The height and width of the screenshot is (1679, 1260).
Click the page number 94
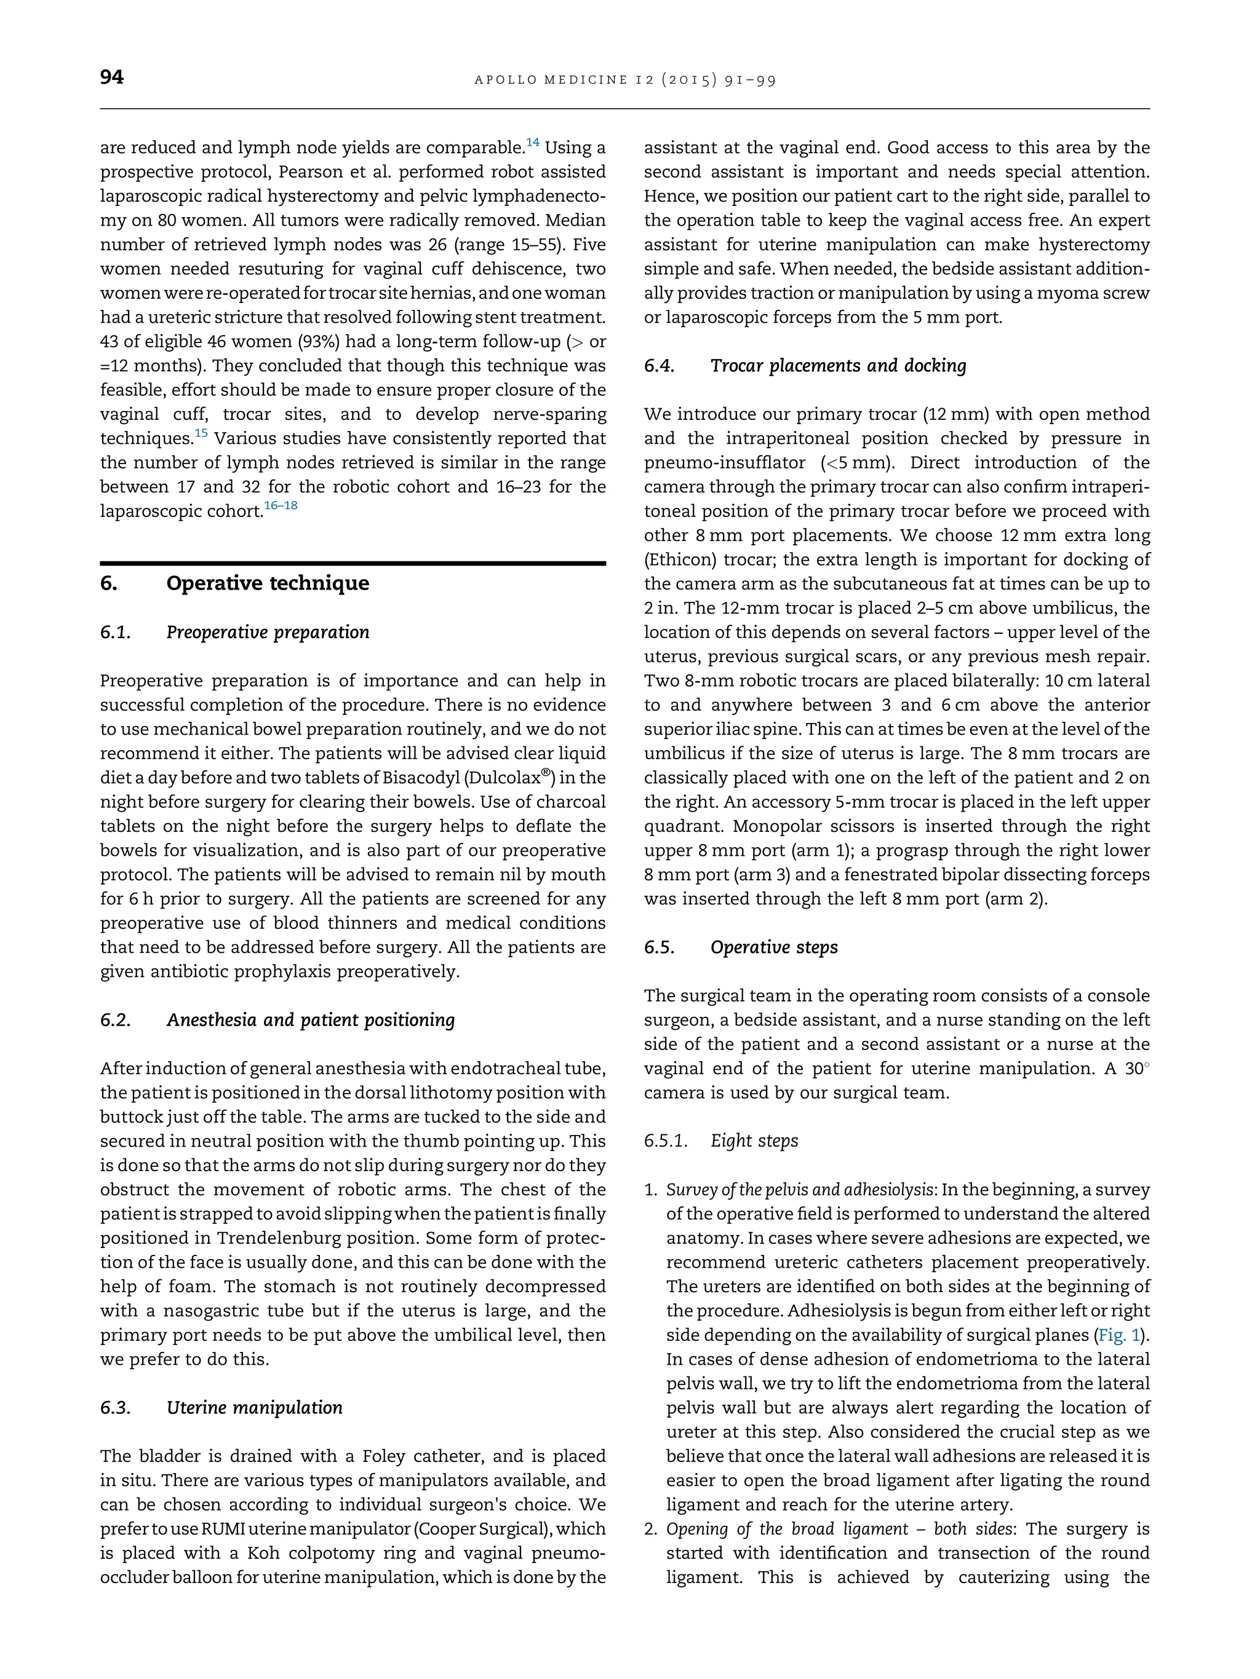[x=111, y=77]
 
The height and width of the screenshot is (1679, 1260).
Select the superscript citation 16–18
[x=281, y=505]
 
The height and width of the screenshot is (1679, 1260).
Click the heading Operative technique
[x=268, y=583]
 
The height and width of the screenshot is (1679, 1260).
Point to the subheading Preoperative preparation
[x=268, y=632]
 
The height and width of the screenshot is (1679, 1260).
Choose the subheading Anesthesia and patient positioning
[x=310, y=1019]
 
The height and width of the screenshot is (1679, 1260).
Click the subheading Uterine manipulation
[x=255, y=1407]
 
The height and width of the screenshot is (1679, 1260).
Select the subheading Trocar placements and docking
[x=838, y=366]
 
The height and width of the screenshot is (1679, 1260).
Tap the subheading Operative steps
[x=774, y=947]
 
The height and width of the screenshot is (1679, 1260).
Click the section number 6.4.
[x=658, y=366]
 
